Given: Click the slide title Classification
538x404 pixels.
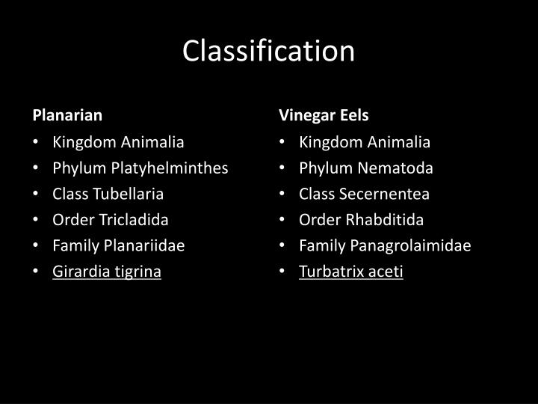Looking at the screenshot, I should [x=269, y=51].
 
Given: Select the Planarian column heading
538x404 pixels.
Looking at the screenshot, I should [x=67, y=115].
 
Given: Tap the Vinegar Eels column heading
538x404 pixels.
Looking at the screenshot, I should [x=324, y=115].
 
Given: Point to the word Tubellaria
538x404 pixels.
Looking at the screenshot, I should [x=127, y=194].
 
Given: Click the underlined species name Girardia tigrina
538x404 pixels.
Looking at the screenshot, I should [x=107, y=272].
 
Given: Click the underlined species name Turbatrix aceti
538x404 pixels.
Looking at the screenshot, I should [x=351, y=272].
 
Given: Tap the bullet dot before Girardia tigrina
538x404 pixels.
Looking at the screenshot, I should [x=37, y=272].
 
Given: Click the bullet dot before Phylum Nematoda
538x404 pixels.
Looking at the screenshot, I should [x=284, y=168].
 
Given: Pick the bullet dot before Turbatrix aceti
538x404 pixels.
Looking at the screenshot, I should [x=284, y=272].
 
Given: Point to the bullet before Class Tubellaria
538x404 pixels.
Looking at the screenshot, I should [x=37, y=194].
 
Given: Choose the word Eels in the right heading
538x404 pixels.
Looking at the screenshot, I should [x=355, y=115].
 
